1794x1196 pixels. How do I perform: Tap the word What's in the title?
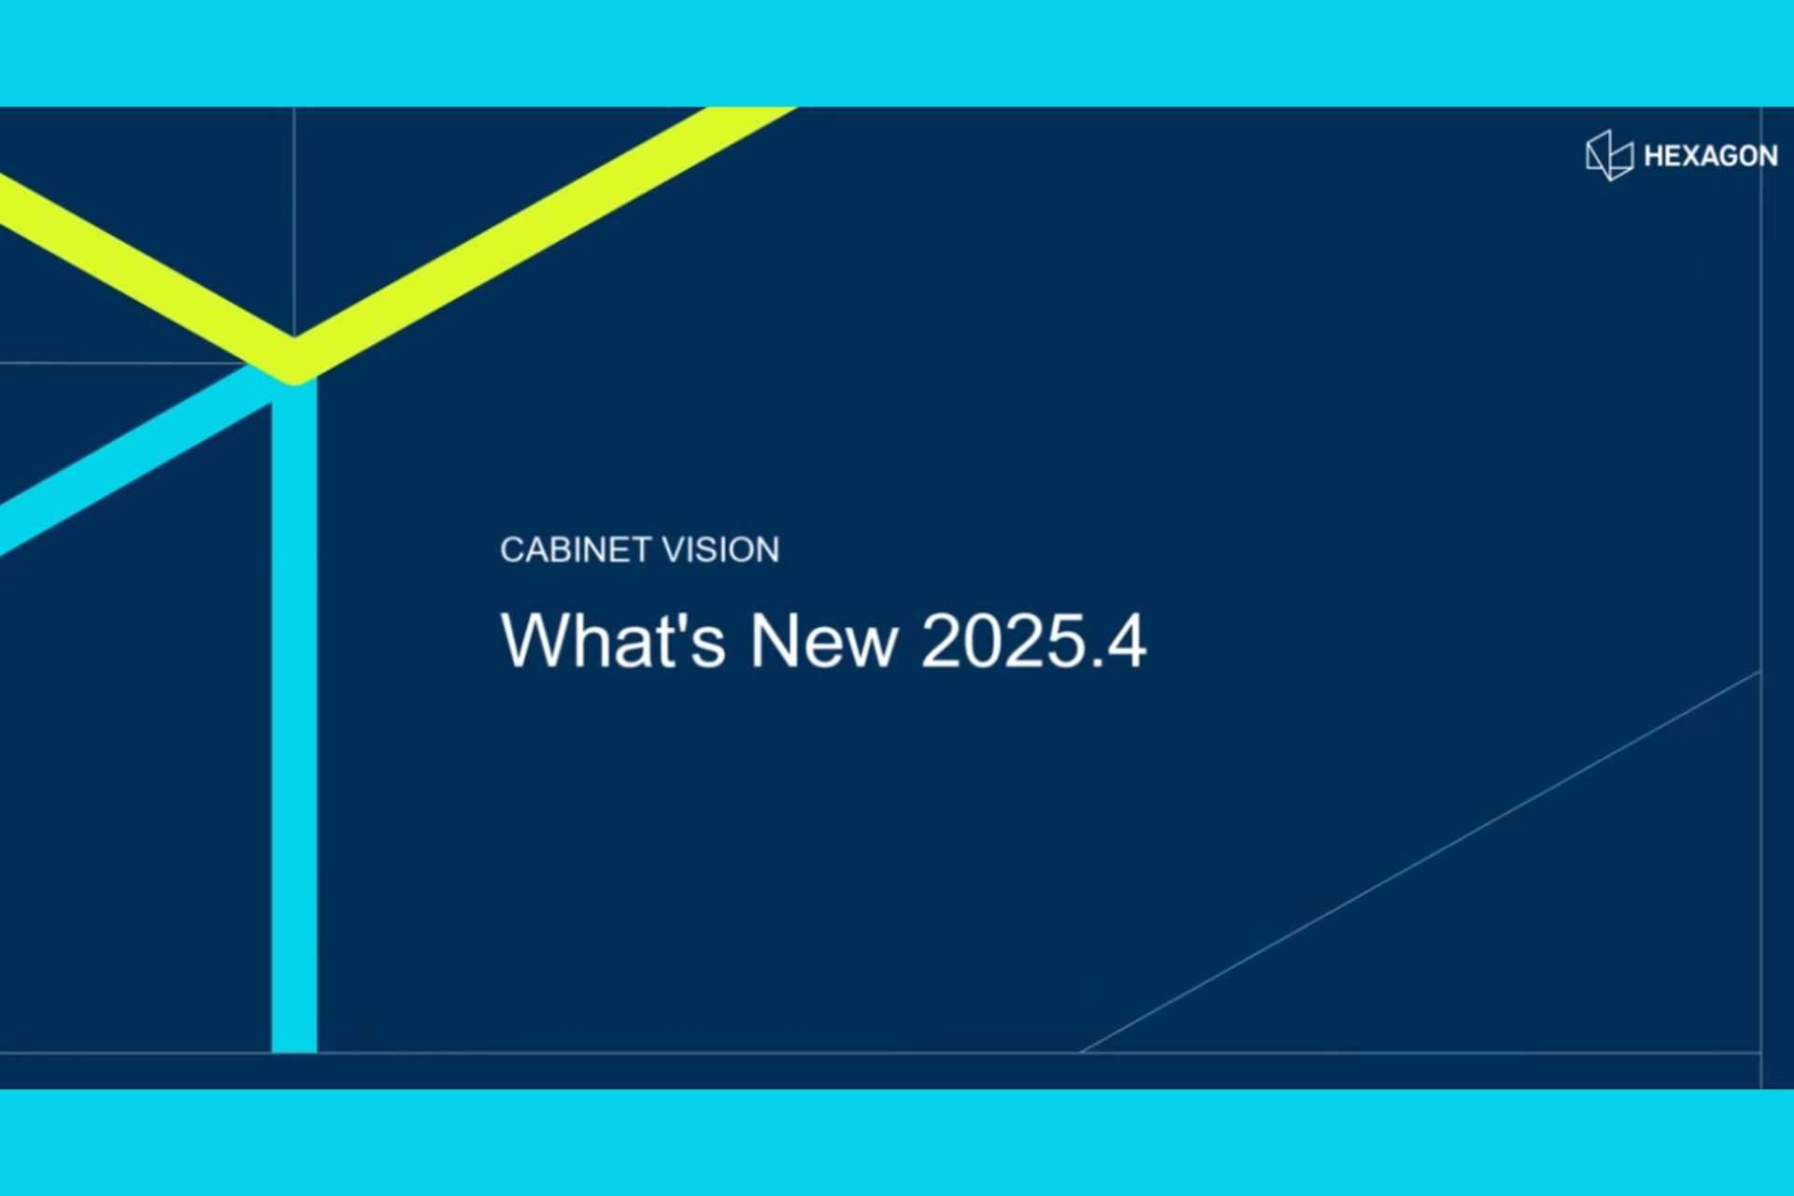[x=613, y=641]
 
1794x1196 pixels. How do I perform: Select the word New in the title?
[x=823, y=641]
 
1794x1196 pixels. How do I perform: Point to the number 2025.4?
[x=1032, y=641]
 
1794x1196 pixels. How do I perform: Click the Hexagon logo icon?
[x=1609, y=155]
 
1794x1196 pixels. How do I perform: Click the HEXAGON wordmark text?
[x=1710, y=156]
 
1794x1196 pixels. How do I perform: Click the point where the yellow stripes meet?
[x=294, y=360]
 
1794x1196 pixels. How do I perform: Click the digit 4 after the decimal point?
[x=1125, y=641]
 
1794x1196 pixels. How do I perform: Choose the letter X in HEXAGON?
[x=1687, y=156]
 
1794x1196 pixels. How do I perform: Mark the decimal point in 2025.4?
[x=1089, y=664]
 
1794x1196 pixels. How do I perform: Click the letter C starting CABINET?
[x=512, y=550]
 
